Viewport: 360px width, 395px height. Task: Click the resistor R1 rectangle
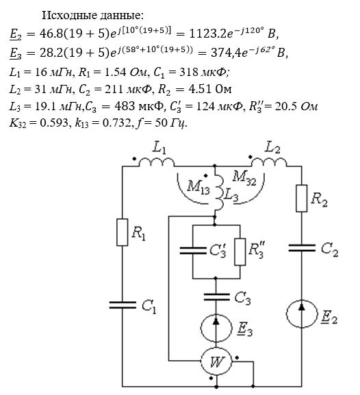point(123,232)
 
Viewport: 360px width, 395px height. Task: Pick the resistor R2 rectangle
point(301,199)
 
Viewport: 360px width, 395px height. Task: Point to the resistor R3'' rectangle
point(240,252)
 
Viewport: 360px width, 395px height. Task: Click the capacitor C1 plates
point(123,305)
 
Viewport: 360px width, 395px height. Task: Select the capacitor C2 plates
point(302,248)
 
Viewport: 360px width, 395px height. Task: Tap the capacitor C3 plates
point(217,296)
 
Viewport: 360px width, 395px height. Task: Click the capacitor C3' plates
point(193,251)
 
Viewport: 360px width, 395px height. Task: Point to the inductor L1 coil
point(156,162)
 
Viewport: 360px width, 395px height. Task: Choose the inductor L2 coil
point(269,162)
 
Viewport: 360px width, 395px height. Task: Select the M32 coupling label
point(244,178)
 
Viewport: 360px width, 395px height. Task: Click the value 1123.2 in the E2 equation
point(208,34)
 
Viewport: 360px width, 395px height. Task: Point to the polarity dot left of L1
point(135,159)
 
